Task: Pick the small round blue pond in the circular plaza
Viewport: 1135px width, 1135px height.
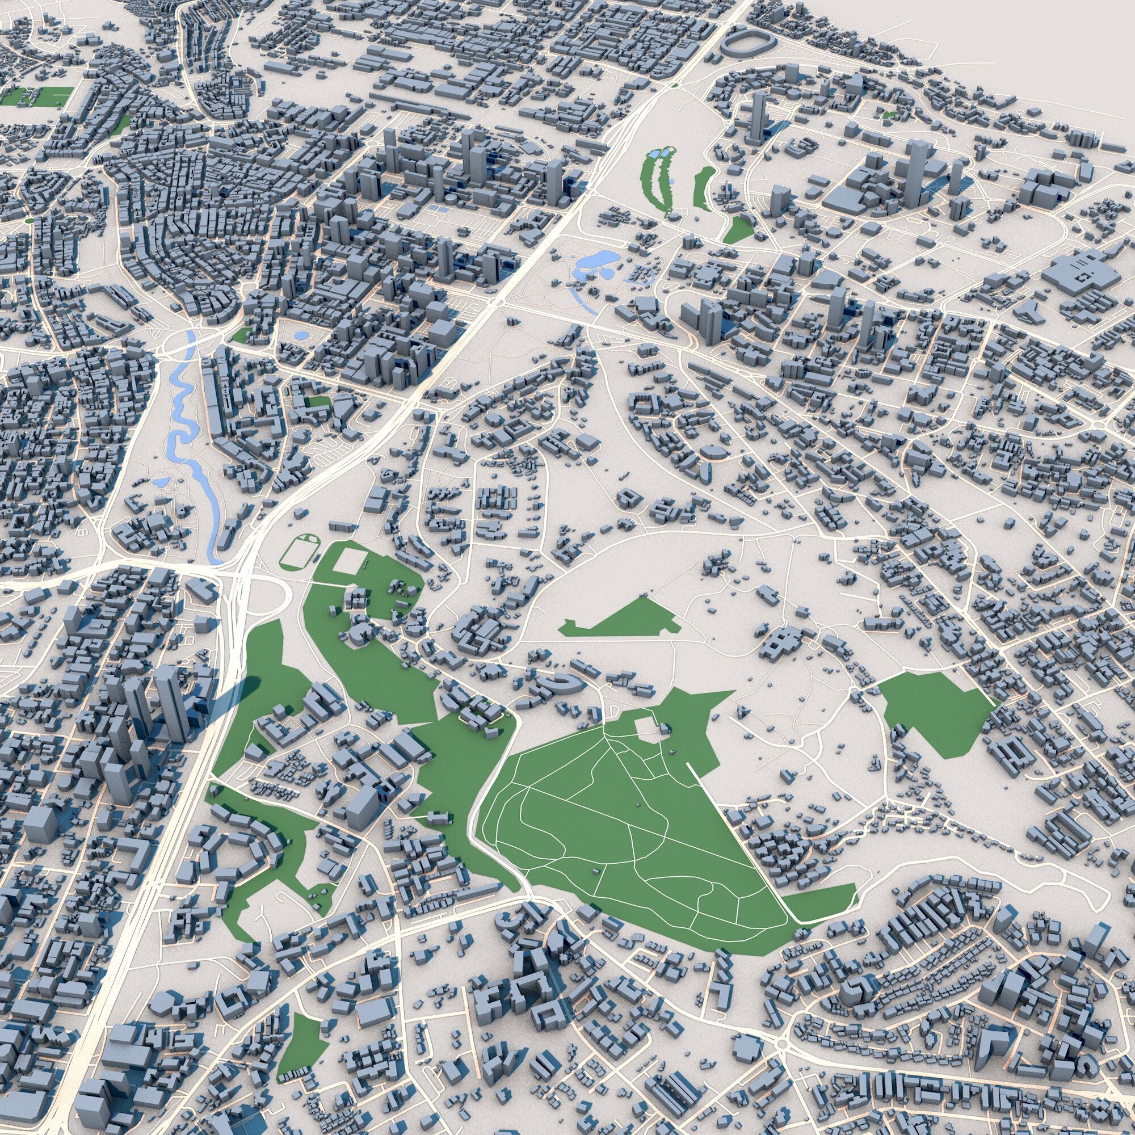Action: (301, 335)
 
